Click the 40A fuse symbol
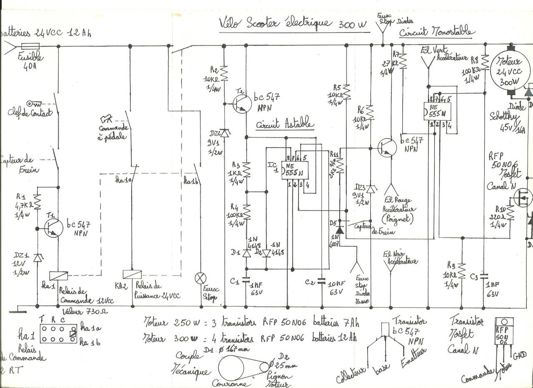[30, 47]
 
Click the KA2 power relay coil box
[132, 274]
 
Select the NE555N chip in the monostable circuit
[437, 109]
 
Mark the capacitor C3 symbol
[483, 275]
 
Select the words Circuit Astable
[285, 125]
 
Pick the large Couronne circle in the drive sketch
[232, 368]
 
